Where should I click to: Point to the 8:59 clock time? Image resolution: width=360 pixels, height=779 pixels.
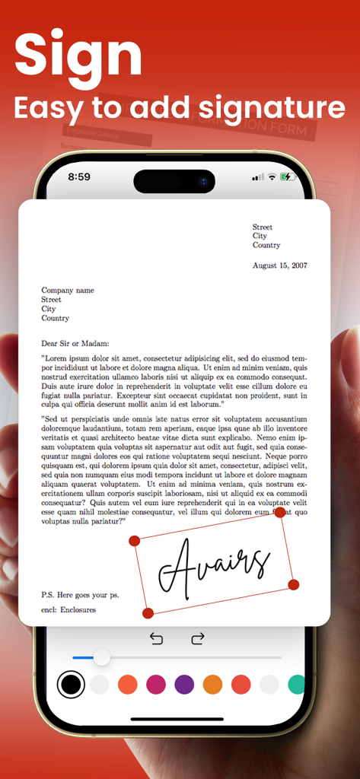point(79,176)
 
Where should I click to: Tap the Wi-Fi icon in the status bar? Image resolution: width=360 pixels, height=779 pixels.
point(272,176)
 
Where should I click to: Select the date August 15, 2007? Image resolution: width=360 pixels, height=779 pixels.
point(280,265)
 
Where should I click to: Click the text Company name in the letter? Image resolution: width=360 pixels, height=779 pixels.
point(68,290)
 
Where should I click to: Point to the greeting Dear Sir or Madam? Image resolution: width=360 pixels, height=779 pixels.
point(75,343)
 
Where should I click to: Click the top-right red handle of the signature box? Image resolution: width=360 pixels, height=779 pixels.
point(280,513)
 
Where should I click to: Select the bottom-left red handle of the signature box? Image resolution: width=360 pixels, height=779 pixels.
point(148,612)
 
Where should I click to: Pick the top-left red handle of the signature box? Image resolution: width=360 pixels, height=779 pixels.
point(135,541)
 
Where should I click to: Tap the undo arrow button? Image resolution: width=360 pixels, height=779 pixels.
point(157,638)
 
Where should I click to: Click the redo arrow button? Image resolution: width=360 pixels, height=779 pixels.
point(198,638)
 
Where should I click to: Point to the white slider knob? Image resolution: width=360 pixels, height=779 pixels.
point(101,657)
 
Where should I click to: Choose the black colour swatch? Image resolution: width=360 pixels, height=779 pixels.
point(71,685)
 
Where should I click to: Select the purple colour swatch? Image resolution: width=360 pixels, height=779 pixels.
point(184,685)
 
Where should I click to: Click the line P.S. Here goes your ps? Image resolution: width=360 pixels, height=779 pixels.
point(80,594)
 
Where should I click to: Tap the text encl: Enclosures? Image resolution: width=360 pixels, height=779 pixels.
point(68,609)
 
